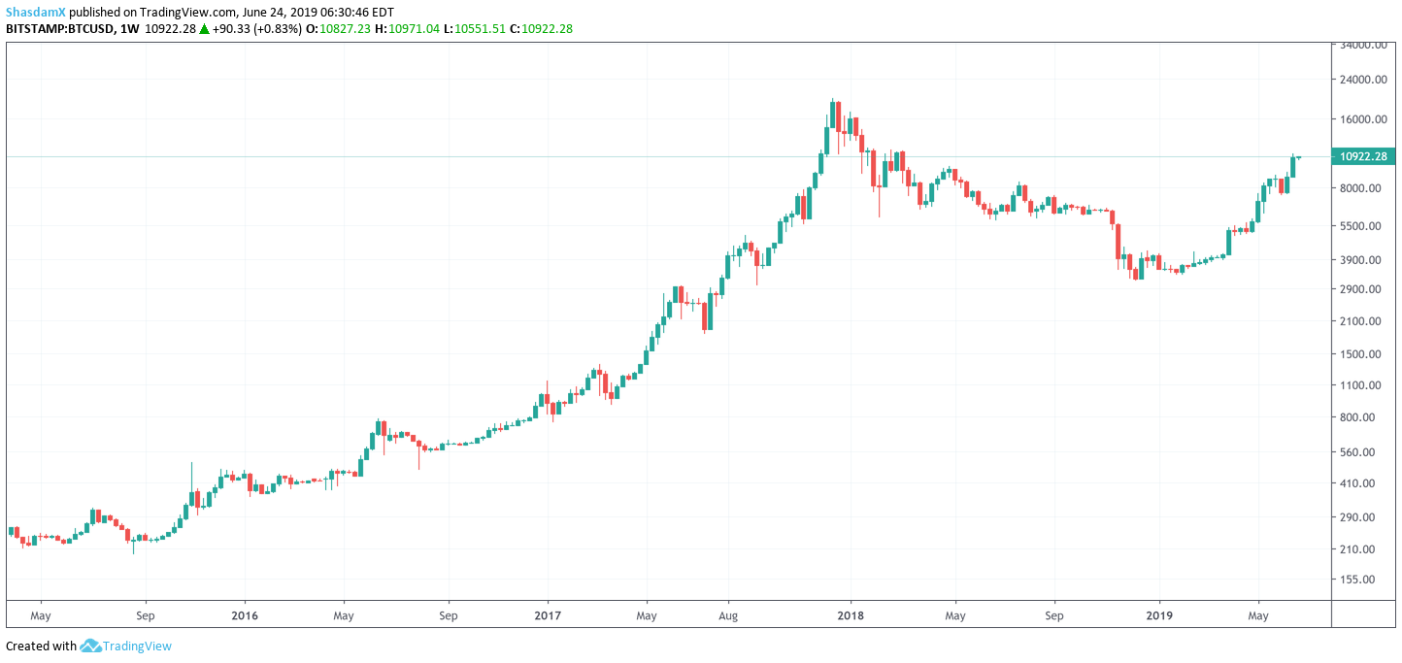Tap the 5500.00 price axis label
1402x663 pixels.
(x=1363, y=226)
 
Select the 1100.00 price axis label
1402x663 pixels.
(x=1363, y=385)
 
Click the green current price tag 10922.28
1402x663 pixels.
(x=1364, y=156)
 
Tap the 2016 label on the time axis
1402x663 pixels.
(x=245, y=615)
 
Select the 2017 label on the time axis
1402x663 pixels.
(x=548, y=615)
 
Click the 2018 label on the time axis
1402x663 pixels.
(x=851, y=615)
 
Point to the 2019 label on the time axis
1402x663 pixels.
(x=1158, y=615)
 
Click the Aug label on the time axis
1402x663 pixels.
(x=730, y=615)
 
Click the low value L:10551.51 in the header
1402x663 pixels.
(x=475, y=28)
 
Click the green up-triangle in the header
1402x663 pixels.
(x=205, y=28)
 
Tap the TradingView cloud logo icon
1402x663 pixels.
(x=91, y=646)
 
